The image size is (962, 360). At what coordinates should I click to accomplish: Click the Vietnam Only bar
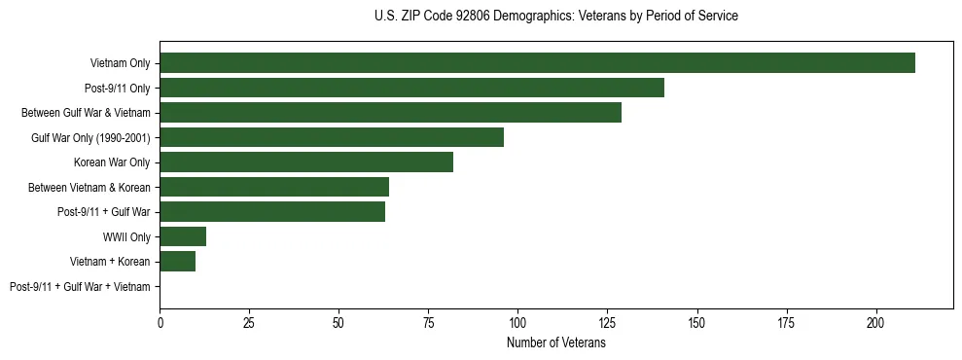pyautogui.click(x=537, y=63)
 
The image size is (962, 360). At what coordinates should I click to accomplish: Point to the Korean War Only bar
pyautogui.click(x=306, y=162)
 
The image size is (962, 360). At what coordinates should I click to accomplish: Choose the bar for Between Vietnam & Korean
pyautogui.click(x=274, y=187)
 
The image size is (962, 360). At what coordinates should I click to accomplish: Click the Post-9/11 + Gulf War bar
pyautogui.click(x=272, y=212)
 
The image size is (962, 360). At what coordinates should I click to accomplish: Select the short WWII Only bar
pyautogui.click(x=183, y=236)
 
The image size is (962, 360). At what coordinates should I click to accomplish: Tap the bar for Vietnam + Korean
pyautogui.click(x=178, y=262)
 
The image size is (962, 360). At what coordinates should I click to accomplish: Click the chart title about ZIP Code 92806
pyautogui.click(x=556, y=17)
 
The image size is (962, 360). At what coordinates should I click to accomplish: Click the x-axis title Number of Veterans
pyautogui.click(x=556, y=343)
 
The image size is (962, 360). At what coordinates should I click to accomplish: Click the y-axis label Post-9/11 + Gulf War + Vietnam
pyautogui.click(x=80, y=287)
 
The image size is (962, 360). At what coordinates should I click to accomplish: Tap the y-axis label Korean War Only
pyautogui.click(x=112, y=162)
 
